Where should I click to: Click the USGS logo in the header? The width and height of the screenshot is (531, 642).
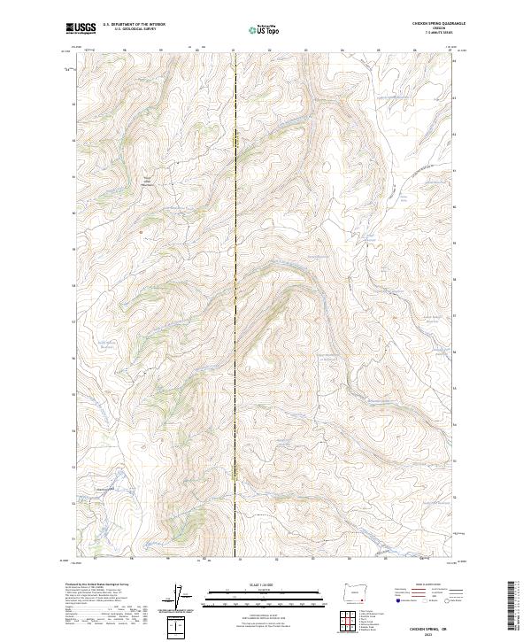click(x=81, y=28)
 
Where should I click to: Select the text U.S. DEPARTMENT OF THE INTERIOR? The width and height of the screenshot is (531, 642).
click(x=134, y=25)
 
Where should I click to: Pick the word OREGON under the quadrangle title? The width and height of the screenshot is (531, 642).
click(x=435, y=29)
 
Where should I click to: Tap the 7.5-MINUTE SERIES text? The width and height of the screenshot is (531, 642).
click(x=435, y=34)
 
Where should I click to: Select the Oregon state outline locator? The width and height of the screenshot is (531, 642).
click(x=357, y=590)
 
